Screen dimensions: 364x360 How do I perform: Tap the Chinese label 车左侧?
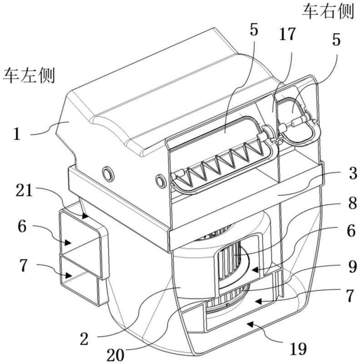click(x=29, y=76)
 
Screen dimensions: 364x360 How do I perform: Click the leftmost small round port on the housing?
click(x=108, y=173)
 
